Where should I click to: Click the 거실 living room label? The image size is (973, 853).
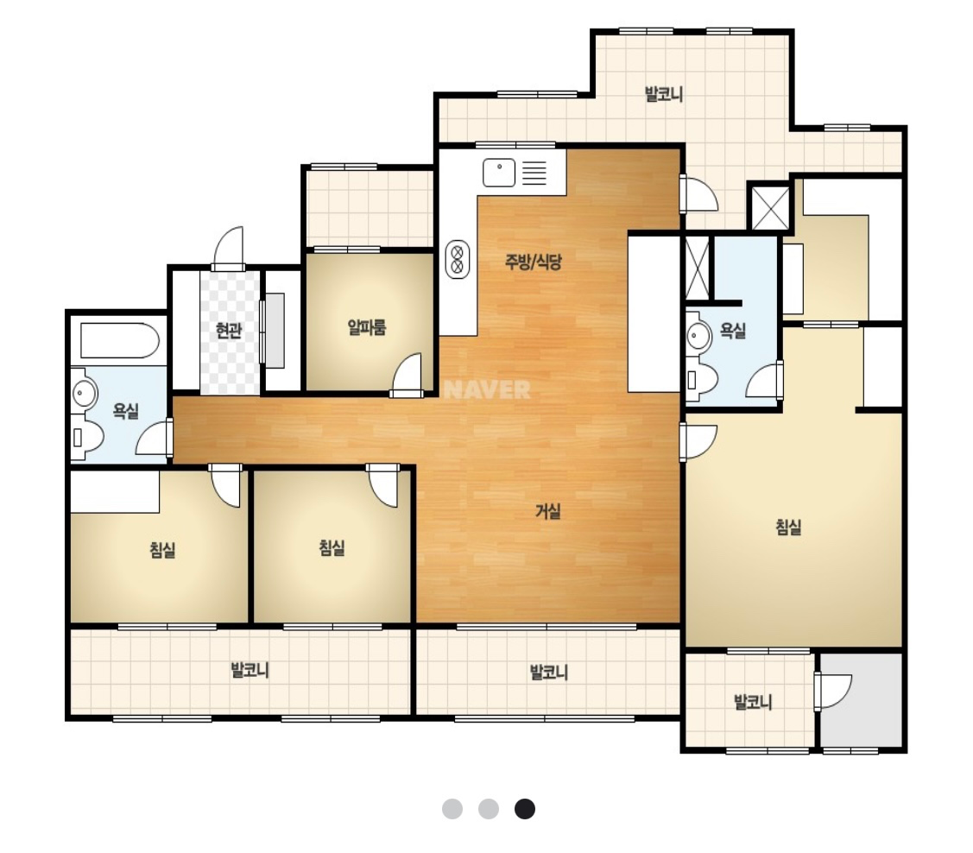(548, 511)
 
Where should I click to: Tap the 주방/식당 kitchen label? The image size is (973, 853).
(533, 262)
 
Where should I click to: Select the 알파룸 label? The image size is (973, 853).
(367, 327)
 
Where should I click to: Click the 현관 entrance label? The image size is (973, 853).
(228, 330)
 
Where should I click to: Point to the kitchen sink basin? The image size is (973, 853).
(499, 173)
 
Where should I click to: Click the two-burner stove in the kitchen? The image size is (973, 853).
(458, 259)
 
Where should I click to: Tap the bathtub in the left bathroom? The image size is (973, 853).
(120, 340)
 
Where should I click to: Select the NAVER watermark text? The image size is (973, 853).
(488, 390)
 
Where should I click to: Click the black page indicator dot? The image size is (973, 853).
(525, 809)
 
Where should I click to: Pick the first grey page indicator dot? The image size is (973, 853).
(452, 809)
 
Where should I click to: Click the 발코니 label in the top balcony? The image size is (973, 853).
(663, 94)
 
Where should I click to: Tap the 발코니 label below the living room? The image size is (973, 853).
(548, 672)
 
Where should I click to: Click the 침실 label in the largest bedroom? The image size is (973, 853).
(789, 528)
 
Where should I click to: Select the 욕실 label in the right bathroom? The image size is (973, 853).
(733, 330)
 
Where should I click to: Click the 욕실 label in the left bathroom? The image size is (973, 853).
(125, 411)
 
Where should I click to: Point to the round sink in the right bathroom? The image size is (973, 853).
(698, 336)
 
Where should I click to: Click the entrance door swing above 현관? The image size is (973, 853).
(228, 248)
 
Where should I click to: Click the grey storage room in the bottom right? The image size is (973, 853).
(862, 700)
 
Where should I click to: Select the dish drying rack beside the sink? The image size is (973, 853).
(534, 173)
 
